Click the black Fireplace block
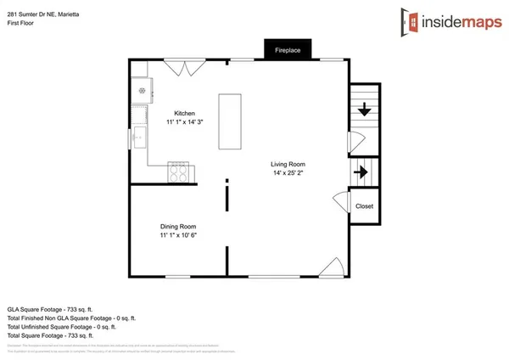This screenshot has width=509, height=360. (x=288, y=51)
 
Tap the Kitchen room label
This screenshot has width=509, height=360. (x=185, y=113)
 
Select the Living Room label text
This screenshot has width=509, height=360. (x=288, y=164)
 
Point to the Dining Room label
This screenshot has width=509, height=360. (x=178, y=226)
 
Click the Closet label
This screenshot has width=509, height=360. (x=364, y=206)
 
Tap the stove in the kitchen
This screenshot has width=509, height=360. (x=179, y=172)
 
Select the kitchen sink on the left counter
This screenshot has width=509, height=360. (x=138, y=117)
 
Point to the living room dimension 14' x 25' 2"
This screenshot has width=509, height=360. (x=288, y=173)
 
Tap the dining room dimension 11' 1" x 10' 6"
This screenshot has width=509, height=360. (x=178, y=235)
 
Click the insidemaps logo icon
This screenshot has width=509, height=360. (x=411, y=20)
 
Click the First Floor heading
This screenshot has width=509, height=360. (x=20, y=15)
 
